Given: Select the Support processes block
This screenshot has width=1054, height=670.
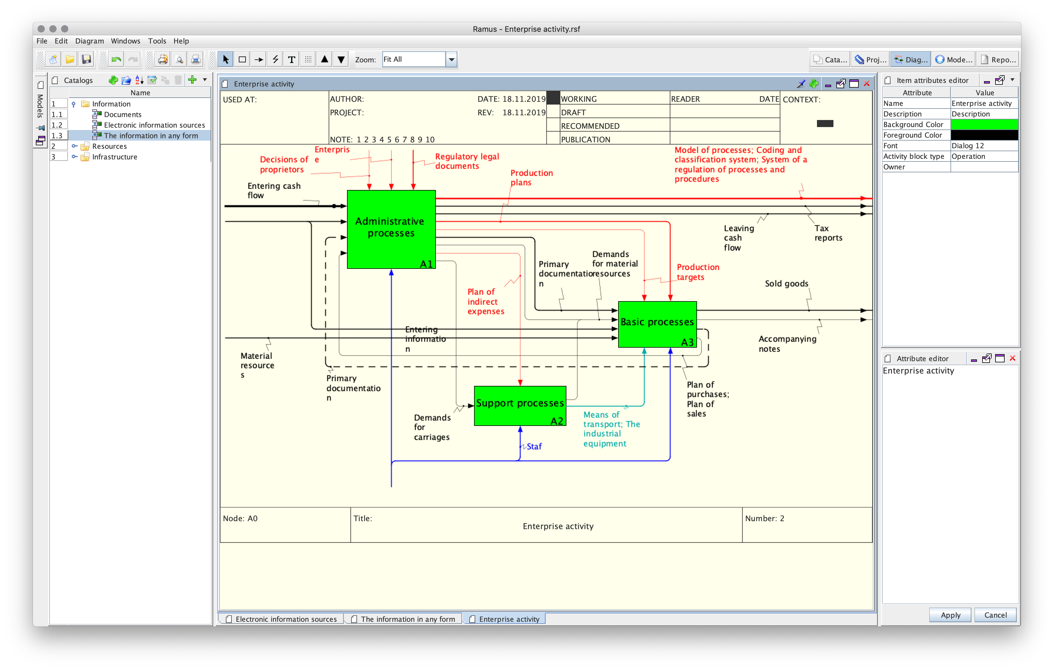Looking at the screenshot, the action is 520,405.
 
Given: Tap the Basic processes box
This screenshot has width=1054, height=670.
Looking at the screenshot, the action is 657,324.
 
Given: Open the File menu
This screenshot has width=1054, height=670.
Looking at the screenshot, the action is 42,41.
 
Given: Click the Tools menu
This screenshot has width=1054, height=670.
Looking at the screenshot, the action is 157,41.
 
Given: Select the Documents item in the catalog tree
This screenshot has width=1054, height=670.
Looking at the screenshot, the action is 123,114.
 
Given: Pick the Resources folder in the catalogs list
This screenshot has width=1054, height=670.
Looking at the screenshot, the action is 109,146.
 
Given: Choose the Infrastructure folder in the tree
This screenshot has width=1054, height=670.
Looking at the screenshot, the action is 115,157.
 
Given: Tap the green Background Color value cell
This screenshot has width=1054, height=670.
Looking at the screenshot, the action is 984,124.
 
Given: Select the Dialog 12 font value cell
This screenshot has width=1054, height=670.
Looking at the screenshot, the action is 984,146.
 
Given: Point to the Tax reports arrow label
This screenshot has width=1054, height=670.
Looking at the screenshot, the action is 828,233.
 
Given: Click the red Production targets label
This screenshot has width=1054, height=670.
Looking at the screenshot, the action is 698,272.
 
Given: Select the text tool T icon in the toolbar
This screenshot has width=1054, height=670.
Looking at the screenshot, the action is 291,59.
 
